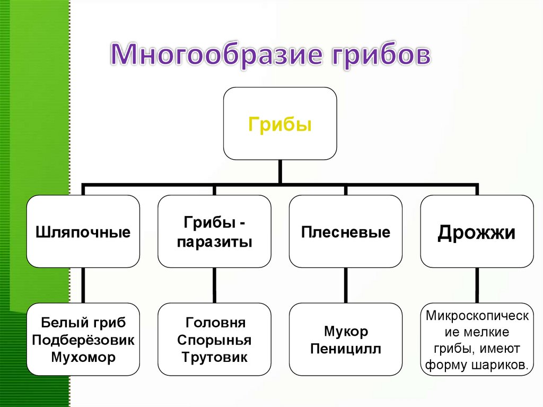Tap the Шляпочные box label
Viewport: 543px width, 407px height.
[x=83, y=232]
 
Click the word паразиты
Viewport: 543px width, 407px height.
[x=214, y=242]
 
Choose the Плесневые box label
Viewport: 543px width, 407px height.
[x=346, y=232]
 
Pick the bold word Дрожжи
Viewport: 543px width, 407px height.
[x=476, y=232]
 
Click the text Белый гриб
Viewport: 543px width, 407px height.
[x=83, y=322]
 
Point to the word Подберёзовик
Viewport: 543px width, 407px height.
[x=83, y=340]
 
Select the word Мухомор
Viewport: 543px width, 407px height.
[x=83, y=357]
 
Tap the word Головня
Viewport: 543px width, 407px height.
[x=215, y=322]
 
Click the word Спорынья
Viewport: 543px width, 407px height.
[x=214, y=340]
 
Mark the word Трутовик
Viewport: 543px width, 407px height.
[x=214, y=357]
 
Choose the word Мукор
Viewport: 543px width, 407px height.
[x=346, y=332]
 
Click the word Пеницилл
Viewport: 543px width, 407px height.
[x=346, y=349]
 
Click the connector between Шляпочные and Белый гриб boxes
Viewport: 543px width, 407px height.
[x=83, y=285]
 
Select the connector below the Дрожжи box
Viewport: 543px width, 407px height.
[x=477, y=285]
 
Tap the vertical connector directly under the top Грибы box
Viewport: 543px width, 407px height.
[x=279, y=172]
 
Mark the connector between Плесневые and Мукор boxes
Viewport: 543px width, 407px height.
[x=346, y=285]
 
